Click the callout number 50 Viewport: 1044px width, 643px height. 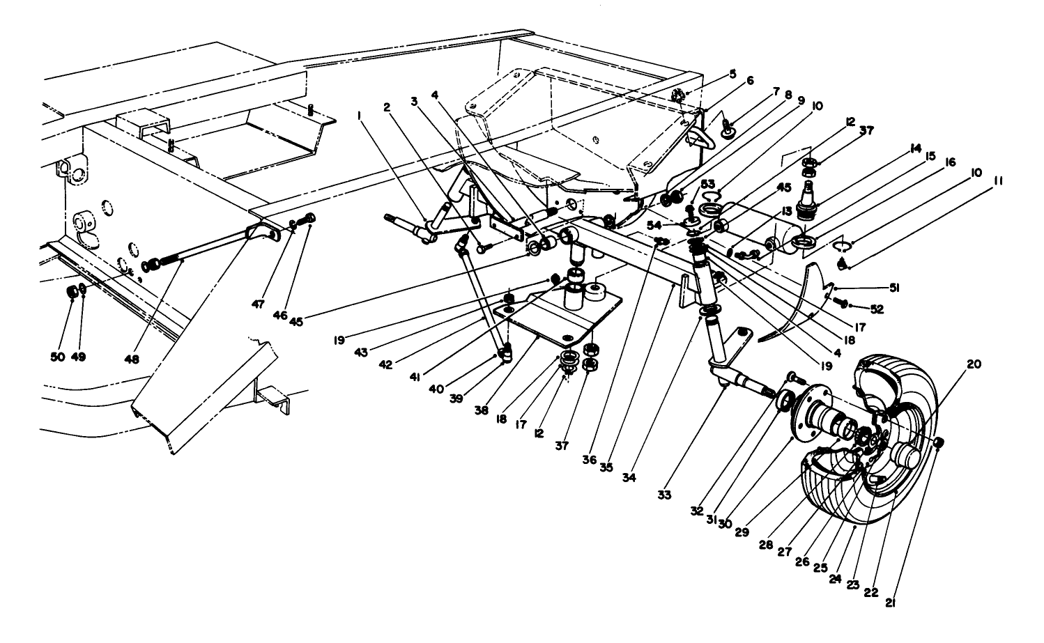coord(59,357)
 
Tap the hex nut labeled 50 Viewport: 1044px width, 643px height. coord(72,290)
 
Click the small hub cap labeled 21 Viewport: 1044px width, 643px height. coord(939,442)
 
